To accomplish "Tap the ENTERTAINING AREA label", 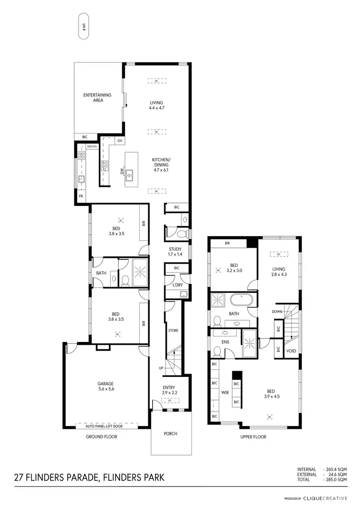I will point(97,97).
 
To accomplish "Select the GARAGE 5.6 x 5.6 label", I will point(106,386).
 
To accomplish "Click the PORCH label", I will point(170,434).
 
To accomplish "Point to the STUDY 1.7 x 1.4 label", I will point(175,251).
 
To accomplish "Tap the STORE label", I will point(173,331).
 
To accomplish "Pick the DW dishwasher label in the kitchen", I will point(122,171).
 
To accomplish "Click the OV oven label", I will point(120,141).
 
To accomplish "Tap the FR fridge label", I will point(81,196).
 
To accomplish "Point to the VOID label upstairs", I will point(291,351).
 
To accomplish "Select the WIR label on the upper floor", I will point(225,392).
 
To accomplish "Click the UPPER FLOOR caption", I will point(253,437).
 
